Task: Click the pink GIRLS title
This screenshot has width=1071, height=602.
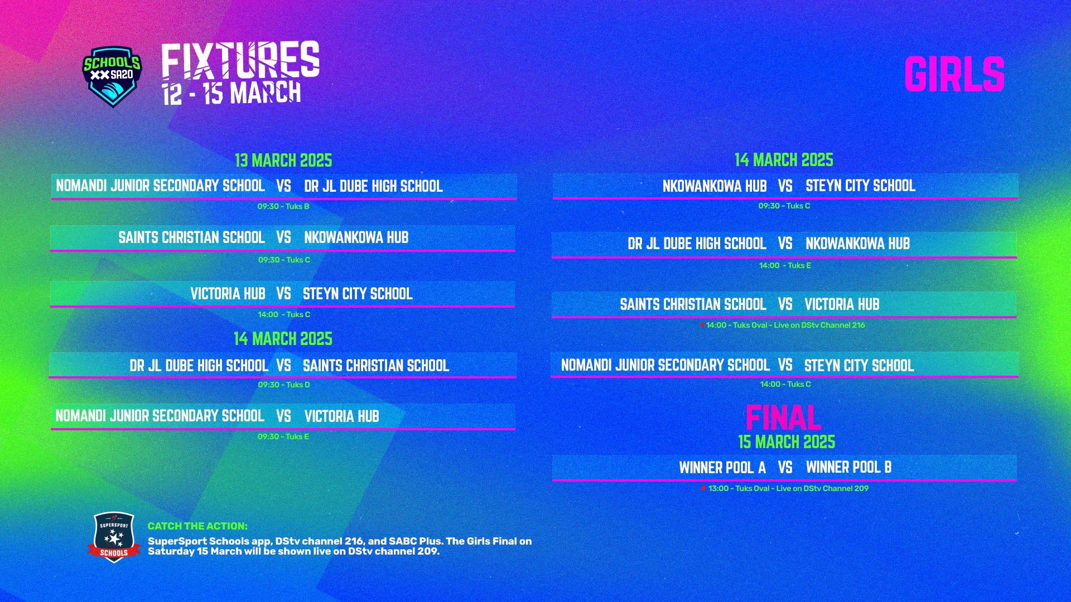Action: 954,74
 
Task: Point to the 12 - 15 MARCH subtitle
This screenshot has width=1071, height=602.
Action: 231,93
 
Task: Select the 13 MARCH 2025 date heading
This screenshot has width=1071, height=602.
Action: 283,161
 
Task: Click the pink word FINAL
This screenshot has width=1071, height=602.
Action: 783,417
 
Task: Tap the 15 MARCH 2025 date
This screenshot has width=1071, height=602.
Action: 787,442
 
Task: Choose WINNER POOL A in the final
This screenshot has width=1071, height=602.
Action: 722,468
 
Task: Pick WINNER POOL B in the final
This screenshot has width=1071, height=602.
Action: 848,467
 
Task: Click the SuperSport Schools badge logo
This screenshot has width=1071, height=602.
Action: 114,537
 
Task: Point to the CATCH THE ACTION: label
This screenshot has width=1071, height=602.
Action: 197,526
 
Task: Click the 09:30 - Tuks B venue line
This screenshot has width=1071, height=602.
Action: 283,206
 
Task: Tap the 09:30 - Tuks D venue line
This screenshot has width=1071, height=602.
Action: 283,385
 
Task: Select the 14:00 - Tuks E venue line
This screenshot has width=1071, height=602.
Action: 785,265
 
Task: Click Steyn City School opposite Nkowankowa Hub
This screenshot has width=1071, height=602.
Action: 860,186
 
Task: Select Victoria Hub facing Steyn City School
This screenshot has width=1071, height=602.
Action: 228,294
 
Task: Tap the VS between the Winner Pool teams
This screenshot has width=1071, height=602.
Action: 785,468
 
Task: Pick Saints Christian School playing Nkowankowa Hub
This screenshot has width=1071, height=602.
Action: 191,237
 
